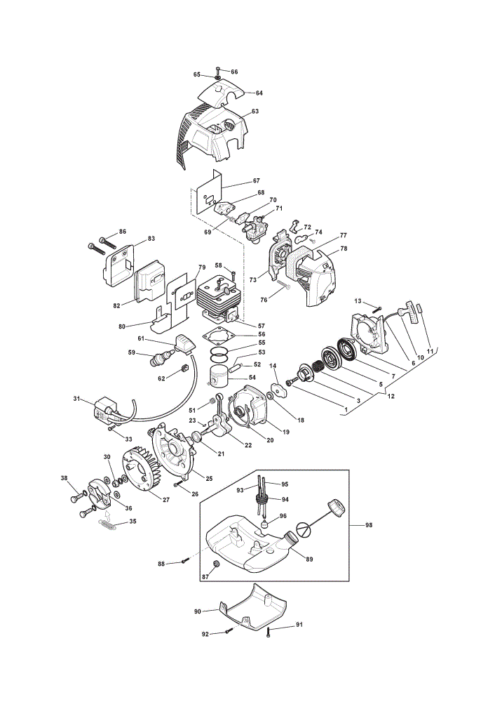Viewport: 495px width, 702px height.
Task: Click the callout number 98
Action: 369,524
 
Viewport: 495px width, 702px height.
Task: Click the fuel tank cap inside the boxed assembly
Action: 337,508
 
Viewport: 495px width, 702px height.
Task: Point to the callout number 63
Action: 255,111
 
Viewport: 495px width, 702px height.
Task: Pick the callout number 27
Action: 166,500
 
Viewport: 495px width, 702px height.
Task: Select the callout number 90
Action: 197,611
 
